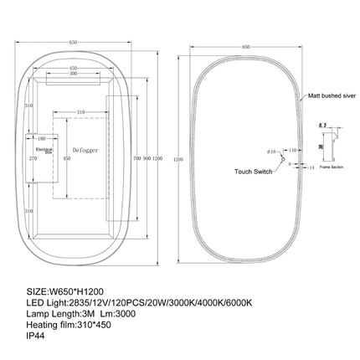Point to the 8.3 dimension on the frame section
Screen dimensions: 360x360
322,123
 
